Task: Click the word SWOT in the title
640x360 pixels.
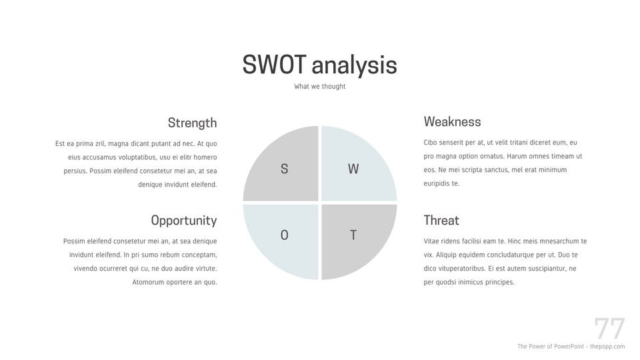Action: pyautogui.click(x=274, y=65)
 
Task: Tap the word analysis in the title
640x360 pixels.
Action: pyautogui.click(x=354, y=66)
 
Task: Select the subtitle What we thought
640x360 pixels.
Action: pyautogui.click(x=319, y=86)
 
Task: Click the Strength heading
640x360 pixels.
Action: pyautogui.click(x=192, y=123)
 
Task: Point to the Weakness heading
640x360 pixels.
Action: pyautogui.click(x=452, y=121)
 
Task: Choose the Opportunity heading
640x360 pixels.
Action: pyautogui.click(x=184, y=221)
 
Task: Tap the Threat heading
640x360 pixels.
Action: pyautogui.click(x=441, y=221)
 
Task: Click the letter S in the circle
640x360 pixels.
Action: pyautogui.click(x=285, y=169)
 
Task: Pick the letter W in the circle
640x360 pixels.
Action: pyautogui.click(x=353, y=169)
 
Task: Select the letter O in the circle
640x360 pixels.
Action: pyautogui.click(x=285, y=235)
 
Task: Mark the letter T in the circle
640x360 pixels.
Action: pyautogui.click(x=353, y=235)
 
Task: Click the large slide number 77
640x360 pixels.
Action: pyautogui.click(x=609, y=328)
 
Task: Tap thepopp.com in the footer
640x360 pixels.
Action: pyautogui.click(x=607, y=347)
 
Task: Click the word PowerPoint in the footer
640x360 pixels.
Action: pyautogui.click(x=568, y=346)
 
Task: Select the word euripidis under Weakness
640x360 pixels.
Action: pyautogui.click(x=436, y=184)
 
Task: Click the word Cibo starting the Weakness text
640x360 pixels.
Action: pyautogui.click(x=430, y=143)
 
